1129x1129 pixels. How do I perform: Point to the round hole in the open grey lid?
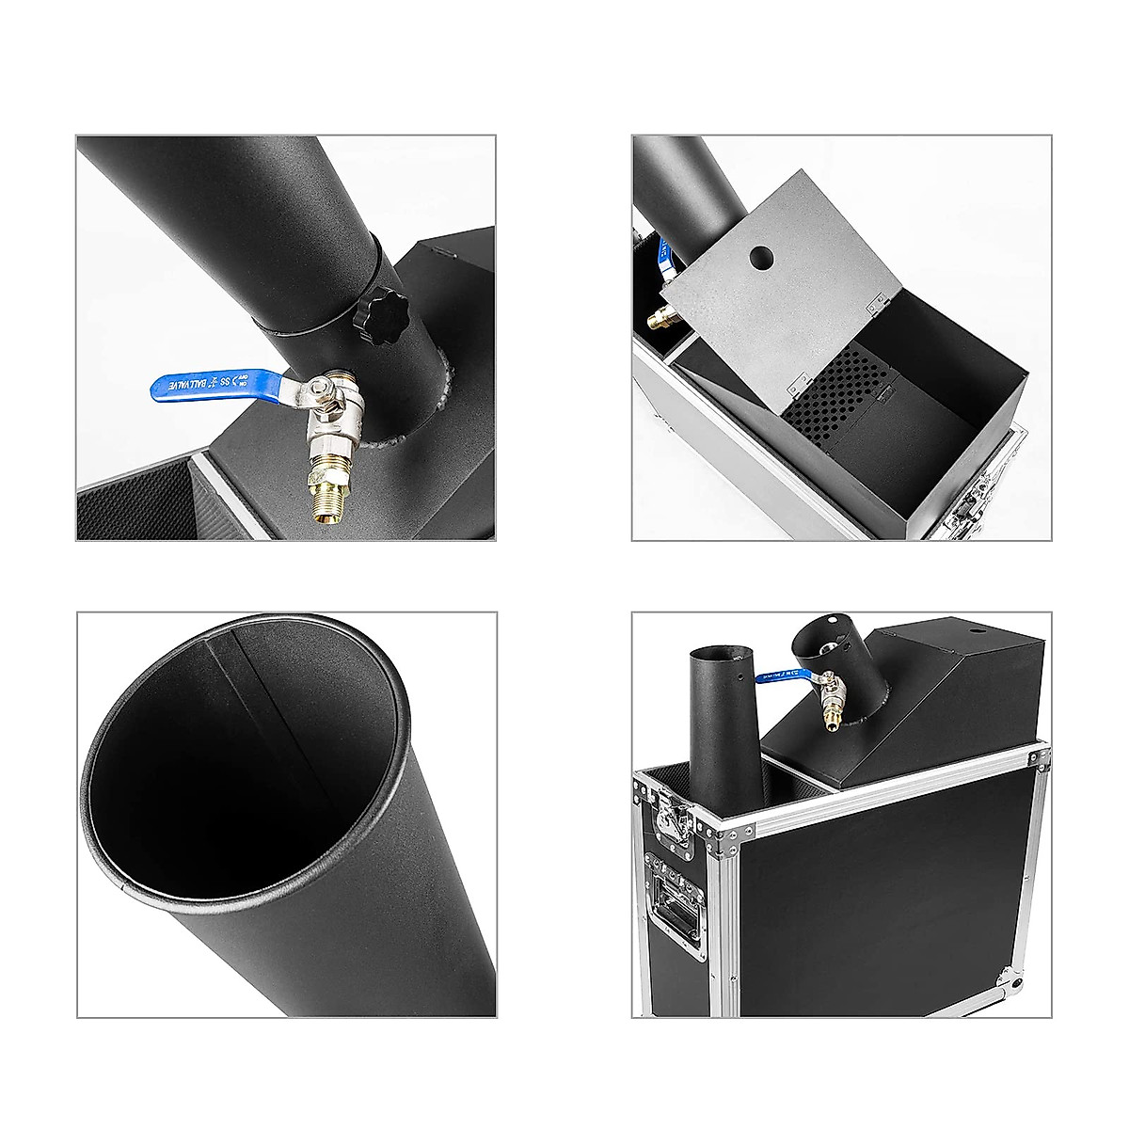tap(759, 256)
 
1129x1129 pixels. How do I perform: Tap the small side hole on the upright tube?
tap(742, 676)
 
